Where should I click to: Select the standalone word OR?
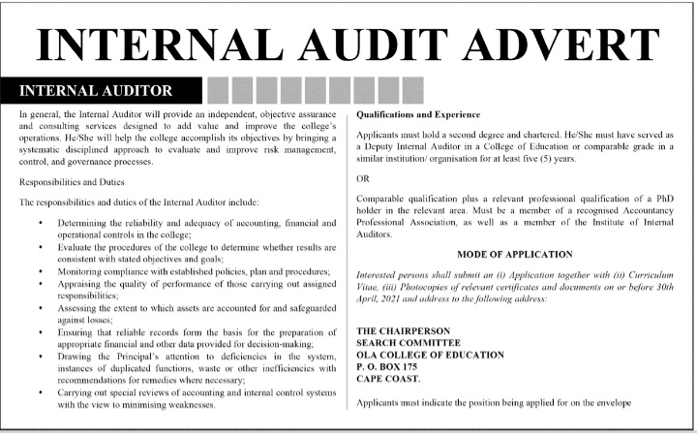click(363, 179)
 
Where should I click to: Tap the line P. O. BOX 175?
click(390, 367)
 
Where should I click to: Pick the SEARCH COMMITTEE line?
click(406, 343)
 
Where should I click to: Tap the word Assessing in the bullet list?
click(83, 307)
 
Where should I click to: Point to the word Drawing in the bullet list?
click(81, 356)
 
